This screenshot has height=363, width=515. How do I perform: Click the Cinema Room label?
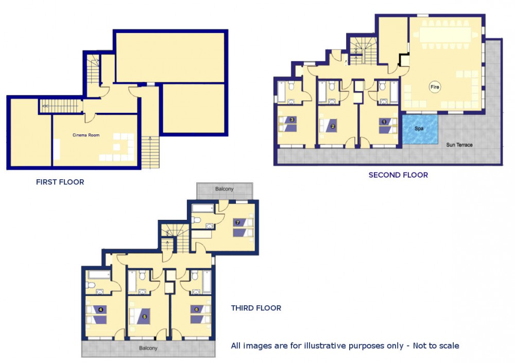click(x=85, y=135)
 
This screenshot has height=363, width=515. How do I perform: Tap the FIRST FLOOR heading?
click(x=60, y=182)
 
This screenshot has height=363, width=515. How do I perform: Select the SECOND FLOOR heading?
click(x=398, y=175)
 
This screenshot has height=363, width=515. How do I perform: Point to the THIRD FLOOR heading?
click(x=256, y=308)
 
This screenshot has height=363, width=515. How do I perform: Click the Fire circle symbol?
click(x=435, y=87)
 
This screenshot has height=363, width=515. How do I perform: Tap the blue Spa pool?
click(x=420, y=129)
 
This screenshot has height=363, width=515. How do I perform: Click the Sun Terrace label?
click(x=459, y=145)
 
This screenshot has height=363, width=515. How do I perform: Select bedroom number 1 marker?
click(x=384, y=122)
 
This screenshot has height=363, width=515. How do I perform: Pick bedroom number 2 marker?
click(x=333, y=126)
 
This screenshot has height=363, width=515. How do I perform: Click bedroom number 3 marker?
click(x=291, y=119)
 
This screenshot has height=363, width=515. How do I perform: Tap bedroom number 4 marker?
click(x=100, y=309)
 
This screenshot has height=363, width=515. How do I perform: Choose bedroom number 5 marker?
click(x=144, y=317)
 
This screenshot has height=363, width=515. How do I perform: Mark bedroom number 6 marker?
click(x=197, y=309)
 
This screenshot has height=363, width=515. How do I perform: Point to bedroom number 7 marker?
click(x=238, y=222)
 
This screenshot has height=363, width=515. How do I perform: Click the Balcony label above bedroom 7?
click(x=225, y=189)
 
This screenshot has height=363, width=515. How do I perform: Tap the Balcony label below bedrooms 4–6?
click(x=148, y=348)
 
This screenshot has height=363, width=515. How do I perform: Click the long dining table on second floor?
click(x=445, y=34)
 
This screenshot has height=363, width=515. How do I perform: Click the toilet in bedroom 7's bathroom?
click(x=196, y=220)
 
